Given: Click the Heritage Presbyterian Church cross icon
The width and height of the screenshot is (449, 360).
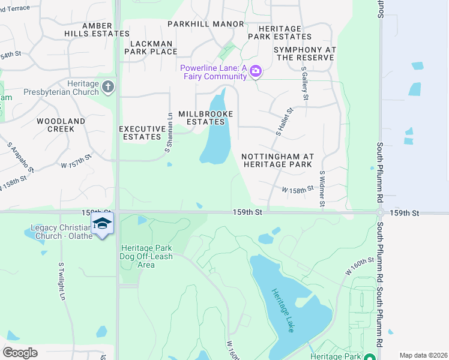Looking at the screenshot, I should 108,87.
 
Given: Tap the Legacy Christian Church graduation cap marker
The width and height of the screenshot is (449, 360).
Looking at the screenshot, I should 103,224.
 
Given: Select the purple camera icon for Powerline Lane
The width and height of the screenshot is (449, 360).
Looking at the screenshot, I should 256,72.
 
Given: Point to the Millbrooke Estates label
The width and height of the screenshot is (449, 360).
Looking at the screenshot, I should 205,118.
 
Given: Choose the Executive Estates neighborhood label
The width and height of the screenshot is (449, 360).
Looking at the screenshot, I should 142,133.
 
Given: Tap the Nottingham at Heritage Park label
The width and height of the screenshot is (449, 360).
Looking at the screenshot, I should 277,160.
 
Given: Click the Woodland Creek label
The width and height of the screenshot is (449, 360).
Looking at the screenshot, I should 61,125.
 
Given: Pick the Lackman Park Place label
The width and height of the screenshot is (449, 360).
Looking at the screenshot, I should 151,47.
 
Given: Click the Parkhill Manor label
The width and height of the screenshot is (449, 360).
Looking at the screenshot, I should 206,24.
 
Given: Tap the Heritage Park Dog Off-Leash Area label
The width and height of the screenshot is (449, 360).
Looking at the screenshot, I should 146,256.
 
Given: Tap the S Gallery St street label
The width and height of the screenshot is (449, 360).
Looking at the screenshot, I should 305,83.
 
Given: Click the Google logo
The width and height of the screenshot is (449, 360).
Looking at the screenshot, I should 20,352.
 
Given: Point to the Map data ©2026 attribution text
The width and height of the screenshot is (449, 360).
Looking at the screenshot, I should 423,355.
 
